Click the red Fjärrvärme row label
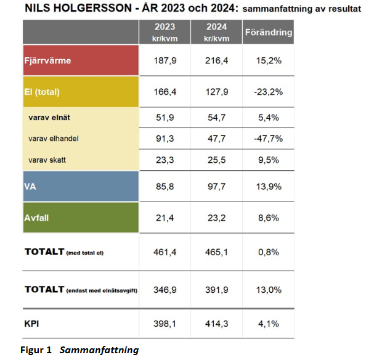[x=47, y=60]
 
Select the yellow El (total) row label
[x=42, y=92]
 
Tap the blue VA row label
[x=30, y=186]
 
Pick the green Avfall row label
[x=36, y=218]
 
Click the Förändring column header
[x=269, y=32]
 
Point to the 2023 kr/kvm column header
[x=165, y=32]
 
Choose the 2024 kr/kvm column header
[x=217, y=32]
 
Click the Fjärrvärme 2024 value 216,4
[x=217, y=60]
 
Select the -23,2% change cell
[x=268, y=92]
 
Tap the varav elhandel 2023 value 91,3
[x=165, y=139]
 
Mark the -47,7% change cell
[x=268, y=139]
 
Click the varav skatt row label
[x=47, y=160]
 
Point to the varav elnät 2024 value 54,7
[x=217, y=118]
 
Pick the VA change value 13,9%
[x=269, y=186]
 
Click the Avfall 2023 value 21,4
[x=165, y=218]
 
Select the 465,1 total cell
[x=217, y=252]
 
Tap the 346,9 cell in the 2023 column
[x=165, y=290]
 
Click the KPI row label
[x=31, y=324]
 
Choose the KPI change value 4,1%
[x=269, y=324]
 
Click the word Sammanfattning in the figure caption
[x=99, y=350]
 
